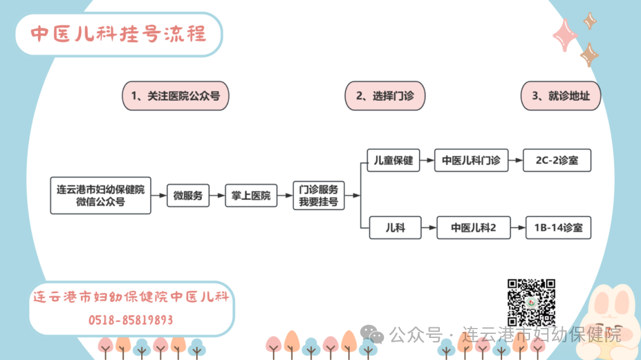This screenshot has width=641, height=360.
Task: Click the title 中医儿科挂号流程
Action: click(119, 34)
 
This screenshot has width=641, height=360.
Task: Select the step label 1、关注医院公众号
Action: click(175, 95)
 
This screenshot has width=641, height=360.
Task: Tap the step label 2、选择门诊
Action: click(385, 95)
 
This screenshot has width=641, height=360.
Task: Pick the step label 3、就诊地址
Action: click(560, 95)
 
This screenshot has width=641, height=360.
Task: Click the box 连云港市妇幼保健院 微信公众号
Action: click(100, 195)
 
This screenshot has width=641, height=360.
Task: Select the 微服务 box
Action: click(188, 195)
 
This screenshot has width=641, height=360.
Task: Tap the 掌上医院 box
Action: click(250, 195)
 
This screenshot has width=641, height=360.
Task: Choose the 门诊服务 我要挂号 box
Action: click(319, 195)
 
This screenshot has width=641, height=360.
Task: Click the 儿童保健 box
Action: click(394, 160)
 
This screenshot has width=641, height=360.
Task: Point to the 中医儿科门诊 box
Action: click(471, 160)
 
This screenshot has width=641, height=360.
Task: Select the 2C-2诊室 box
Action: click(557, 160)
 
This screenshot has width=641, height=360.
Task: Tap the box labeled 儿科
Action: click(395, 228)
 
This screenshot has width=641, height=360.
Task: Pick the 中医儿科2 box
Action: click(473, 228)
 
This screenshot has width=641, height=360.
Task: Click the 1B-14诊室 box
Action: click(559, 228)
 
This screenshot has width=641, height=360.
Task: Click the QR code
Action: click(531, 301)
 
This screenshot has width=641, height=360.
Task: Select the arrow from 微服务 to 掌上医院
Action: click(217, 195)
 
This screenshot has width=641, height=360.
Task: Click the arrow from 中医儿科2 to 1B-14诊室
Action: click(518, 228)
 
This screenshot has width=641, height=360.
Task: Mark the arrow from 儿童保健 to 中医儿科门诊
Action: click(427, 160)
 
